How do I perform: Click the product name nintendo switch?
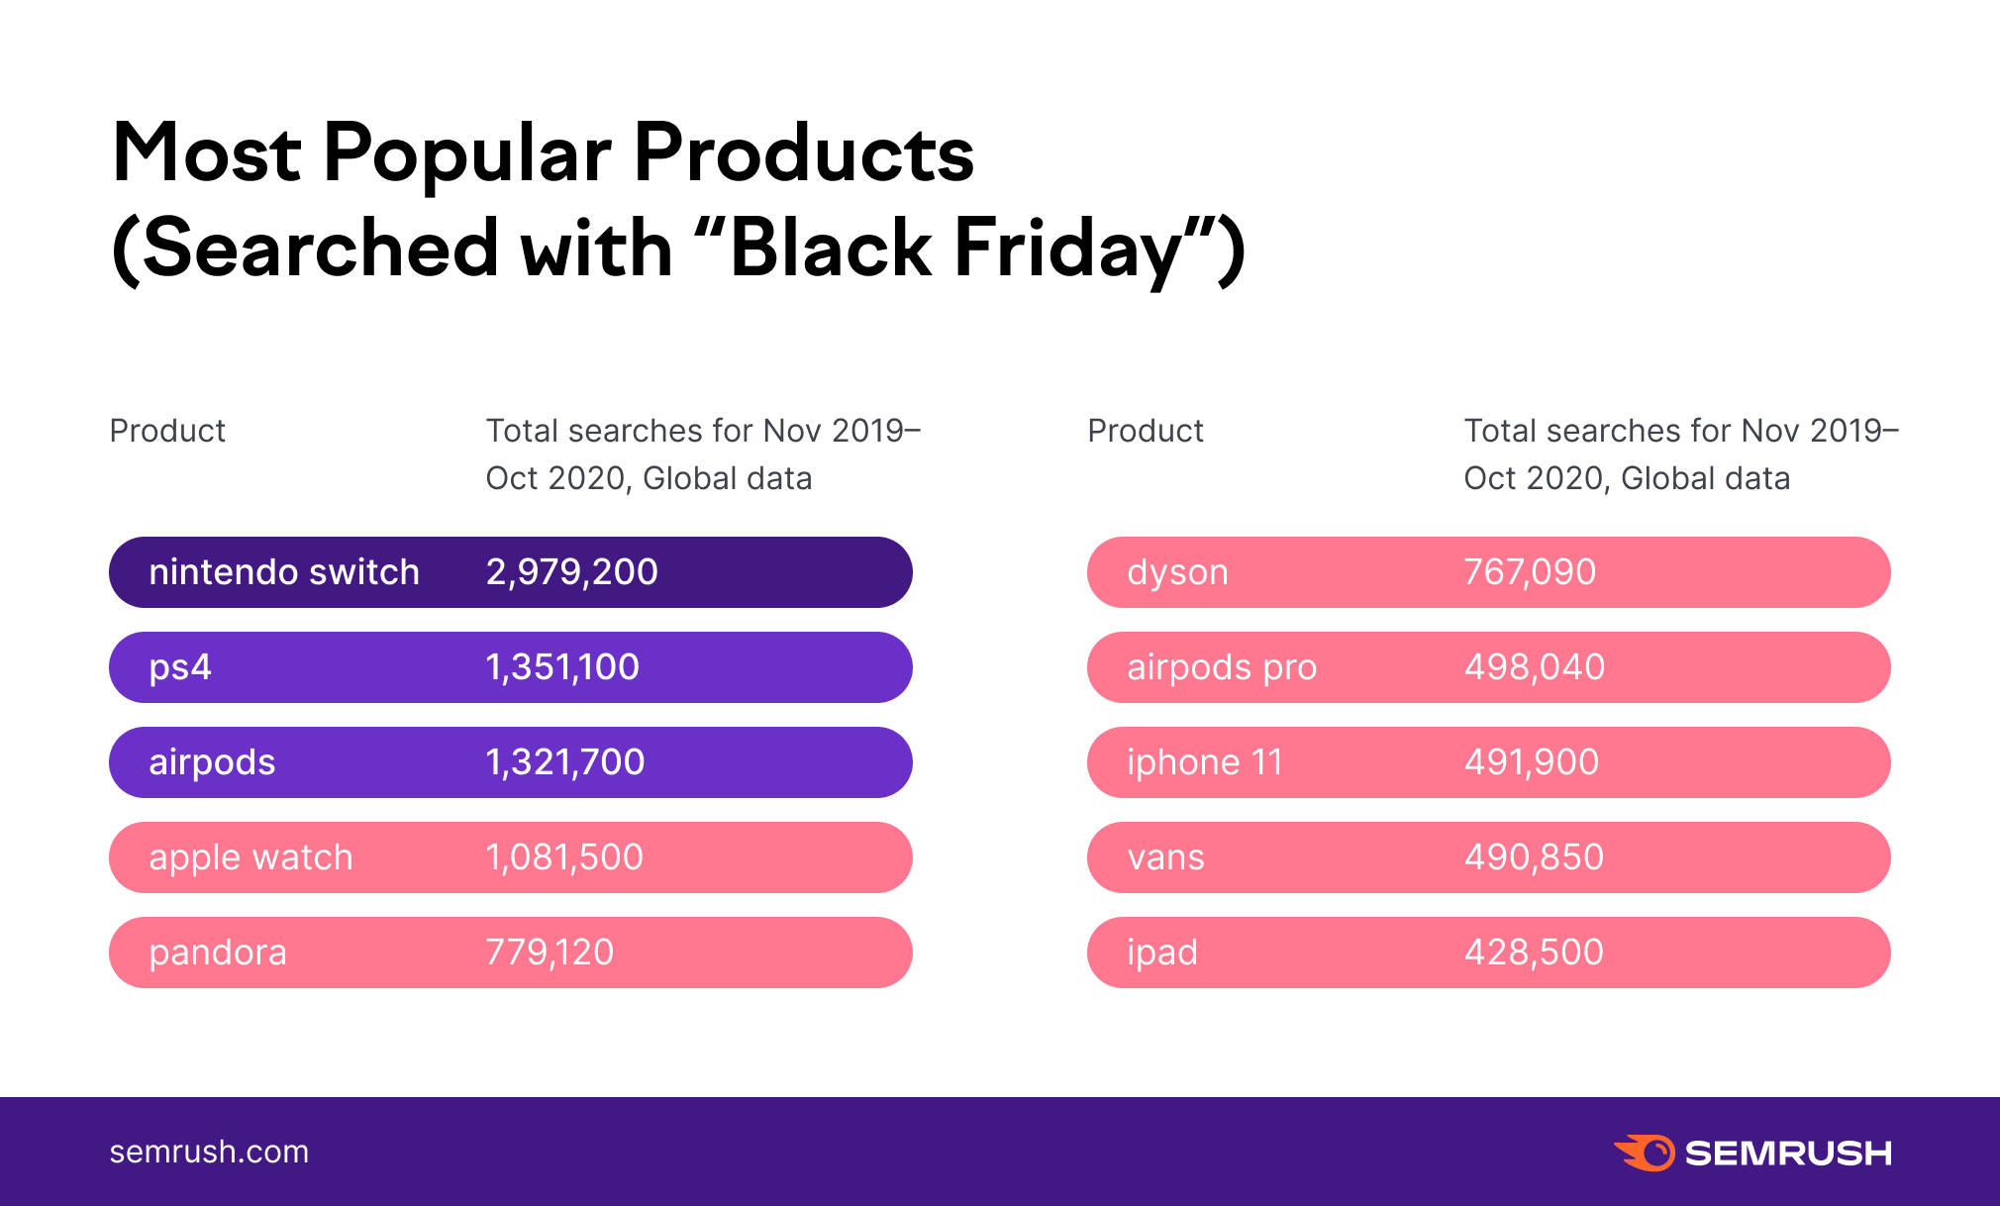(x=284, y=572)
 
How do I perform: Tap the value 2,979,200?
(x=571, y=572)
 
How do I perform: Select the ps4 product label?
(x=180, y=667)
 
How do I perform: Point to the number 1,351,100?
(x=562, y=667)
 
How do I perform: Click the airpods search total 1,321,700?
(x=564, y=762)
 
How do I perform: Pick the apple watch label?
(x=250, y=857)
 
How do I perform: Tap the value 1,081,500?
(x=564, y=857)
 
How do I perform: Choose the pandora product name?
(x=218, y=953)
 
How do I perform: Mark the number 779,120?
(x=550, y=953)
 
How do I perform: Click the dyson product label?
(x=1177, y=572)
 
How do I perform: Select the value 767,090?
(x=1530, y=572)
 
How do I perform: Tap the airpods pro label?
(x=1222, y=667)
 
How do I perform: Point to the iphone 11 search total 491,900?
(x=1532, y=762)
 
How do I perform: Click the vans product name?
(x=1165, y=857)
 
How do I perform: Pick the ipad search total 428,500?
(x=1534, y=953)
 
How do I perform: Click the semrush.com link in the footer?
(x=209, y=1152)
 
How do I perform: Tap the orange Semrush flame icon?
(x=1644, y=1153)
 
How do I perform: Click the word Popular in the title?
(x=466, y=154)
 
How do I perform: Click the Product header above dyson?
(x=1145, y=431)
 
